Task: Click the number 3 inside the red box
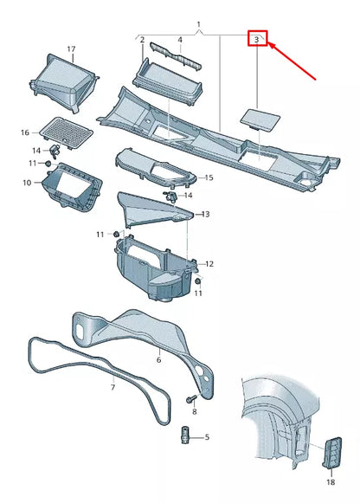257,39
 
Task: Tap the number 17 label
71,49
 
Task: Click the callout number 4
180,40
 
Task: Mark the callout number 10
26,183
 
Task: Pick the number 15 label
208,177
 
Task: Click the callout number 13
205,213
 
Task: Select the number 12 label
209,263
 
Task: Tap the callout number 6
158,359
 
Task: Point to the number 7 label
112,387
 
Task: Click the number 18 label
331,481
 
